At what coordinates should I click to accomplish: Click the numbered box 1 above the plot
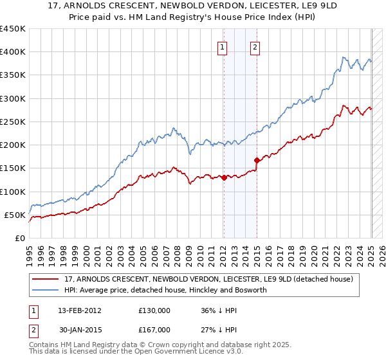(222, 46)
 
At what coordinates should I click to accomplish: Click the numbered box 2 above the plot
(255, 46)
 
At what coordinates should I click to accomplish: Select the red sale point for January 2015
(257, 160)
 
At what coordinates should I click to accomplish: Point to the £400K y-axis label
(12, 52)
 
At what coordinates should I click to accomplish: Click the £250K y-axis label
(12, 122)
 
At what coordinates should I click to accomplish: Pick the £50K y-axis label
(15, 215)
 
